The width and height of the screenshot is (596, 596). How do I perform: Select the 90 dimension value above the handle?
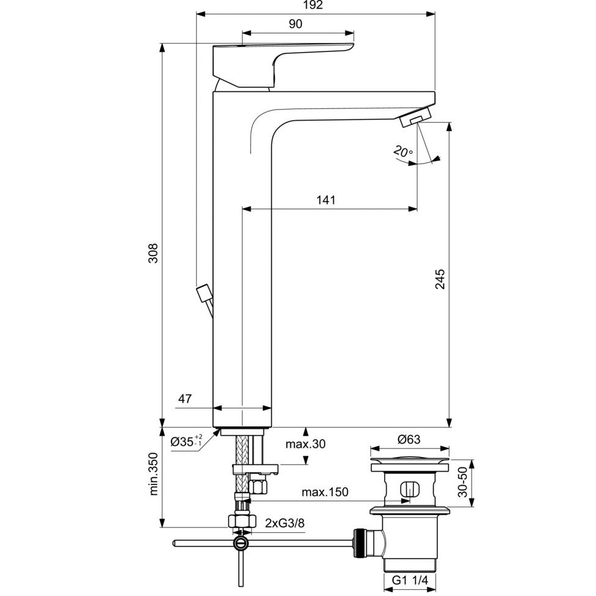(x=296, y=24)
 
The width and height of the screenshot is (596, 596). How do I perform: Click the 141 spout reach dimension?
(x=326, y=200)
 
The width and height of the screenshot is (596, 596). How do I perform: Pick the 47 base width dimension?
(x=185, y=399)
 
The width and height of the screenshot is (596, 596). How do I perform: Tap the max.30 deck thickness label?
(x=305, y=444)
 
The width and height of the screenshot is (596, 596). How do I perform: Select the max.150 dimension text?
(x=325, y=492)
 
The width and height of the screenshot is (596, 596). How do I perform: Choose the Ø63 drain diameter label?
(x=408, y=439)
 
